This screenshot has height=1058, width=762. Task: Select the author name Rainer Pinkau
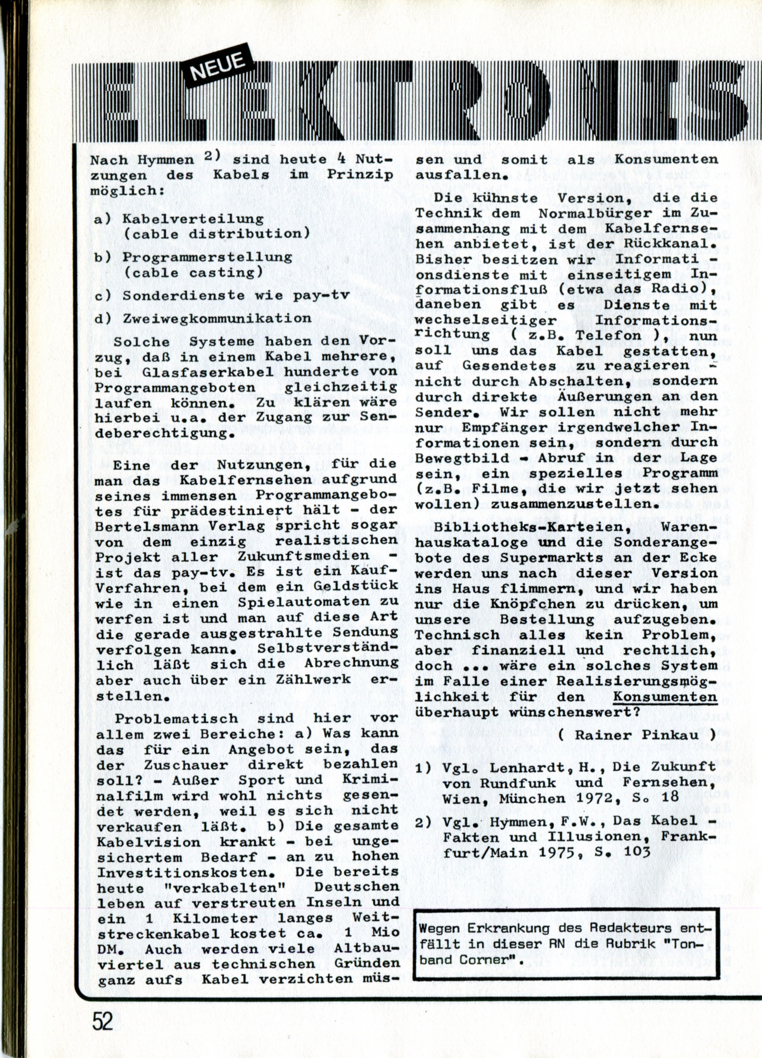click(637, 735)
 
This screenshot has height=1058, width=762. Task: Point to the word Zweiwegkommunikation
click(217, 319)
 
